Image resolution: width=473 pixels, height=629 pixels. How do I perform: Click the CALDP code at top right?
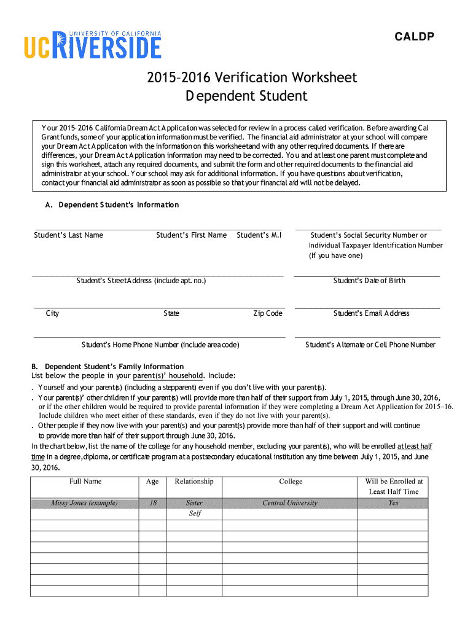414,37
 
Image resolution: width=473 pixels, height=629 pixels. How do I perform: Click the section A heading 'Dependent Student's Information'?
119,205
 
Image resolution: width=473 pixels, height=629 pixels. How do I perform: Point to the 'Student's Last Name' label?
69,235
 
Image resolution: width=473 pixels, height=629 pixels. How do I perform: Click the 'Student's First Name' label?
191,235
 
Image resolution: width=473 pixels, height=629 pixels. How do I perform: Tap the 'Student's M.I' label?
259,235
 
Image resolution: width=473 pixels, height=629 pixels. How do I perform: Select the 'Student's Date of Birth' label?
369,281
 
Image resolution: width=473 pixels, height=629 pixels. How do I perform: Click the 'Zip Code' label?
268,313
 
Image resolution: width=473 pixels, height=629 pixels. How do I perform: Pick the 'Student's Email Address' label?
371,313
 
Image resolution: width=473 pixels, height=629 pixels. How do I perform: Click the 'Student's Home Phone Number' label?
160,345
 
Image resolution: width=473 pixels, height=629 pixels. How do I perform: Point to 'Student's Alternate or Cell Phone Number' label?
370,345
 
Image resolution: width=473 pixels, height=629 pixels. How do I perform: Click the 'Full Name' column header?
85,482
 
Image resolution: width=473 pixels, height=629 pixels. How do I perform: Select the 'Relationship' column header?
194,482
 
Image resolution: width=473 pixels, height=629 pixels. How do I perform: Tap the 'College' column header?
291,482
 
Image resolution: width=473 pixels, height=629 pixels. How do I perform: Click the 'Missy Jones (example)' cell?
85,503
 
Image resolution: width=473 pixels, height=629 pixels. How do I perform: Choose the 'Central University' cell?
290,503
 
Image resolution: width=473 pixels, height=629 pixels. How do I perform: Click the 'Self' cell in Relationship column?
195,514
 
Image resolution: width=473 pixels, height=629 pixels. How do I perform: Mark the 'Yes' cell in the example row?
393,503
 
